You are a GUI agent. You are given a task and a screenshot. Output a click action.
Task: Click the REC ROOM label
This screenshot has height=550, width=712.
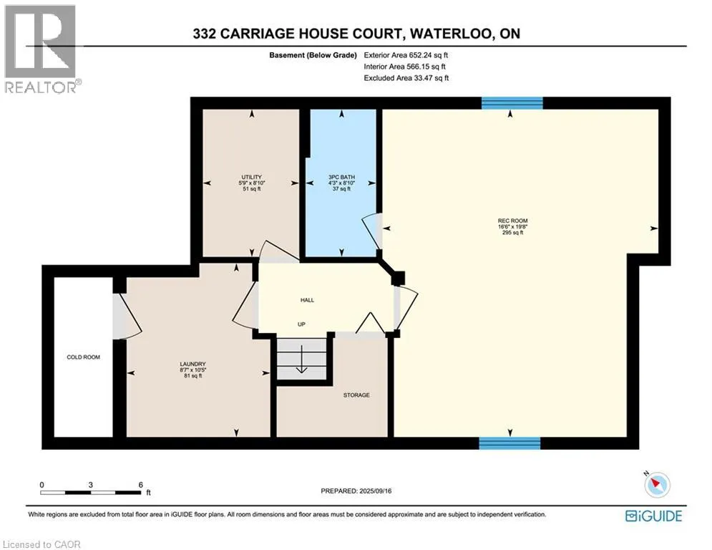[512, 221]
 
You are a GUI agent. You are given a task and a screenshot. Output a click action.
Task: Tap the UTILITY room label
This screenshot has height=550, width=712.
[252, 178]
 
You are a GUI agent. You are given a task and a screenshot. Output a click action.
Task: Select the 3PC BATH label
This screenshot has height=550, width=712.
[341, 178]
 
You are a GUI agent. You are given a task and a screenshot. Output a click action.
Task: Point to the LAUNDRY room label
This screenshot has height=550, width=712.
[193, 364]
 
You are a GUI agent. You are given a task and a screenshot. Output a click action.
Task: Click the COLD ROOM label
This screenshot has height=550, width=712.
[84, 357]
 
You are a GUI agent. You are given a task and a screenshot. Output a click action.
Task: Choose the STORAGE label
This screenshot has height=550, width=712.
[356, 395]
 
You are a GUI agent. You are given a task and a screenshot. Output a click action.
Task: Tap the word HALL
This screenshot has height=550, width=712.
[308, 300]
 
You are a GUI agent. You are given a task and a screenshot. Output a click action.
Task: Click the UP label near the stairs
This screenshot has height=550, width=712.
[301, 324]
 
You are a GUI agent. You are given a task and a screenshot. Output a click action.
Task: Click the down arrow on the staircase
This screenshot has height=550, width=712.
[301, 359]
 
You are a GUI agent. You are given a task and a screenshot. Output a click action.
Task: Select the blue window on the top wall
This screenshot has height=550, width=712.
[512, 103]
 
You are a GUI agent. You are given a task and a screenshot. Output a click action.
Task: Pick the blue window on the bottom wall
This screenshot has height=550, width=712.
[510, 443]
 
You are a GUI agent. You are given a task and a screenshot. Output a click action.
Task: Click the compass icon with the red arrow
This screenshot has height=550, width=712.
[657, 485]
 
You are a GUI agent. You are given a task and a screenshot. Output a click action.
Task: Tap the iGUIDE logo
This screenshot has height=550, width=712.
[653, 516]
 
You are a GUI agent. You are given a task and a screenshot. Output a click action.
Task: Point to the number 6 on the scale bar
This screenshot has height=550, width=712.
[141, 485]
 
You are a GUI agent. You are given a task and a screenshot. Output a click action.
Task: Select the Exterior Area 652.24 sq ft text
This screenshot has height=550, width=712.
[406, 55]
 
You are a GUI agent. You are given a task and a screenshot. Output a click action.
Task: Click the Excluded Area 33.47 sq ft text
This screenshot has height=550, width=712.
[406, 78]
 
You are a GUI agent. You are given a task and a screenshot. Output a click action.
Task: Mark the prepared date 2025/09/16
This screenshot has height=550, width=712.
[376, 491]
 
